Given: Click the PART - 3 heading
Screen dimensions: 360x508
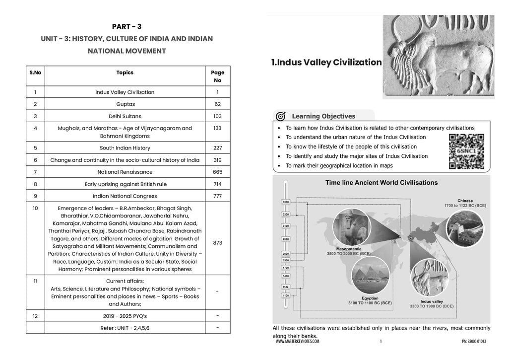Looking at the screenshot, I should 127,27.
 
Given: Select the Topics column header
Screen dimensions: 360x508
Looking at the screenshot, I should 125,72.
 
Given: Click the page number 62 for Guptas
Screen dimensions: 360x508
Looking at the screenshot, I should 217,104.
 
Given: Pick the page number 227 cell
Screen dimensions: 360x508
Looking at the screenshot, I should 217,148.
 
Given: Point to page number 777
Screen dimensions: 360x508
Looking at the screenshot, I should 217,196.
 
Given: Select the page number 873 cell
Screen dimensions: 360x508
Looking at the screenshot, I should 217,243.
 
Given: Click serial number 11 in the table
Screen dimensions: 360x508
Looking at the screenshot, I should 35,281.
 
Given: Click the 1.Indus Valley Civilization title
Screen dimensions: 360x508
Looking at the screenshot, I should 326,63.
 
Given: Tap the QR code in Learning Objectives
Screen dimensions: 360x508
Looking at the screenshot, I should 466,151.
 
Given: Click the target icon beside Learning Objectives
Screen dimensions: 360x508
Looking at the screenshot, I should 280,117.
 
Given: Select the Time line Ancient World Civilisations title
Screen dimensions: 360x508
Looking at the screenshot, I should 381,183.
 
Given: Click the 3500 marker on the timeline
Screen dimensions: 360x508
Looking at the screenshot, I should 286,202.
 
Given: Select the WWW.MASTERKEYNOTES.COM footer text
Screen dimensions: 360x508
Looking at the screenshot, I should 298,342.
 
